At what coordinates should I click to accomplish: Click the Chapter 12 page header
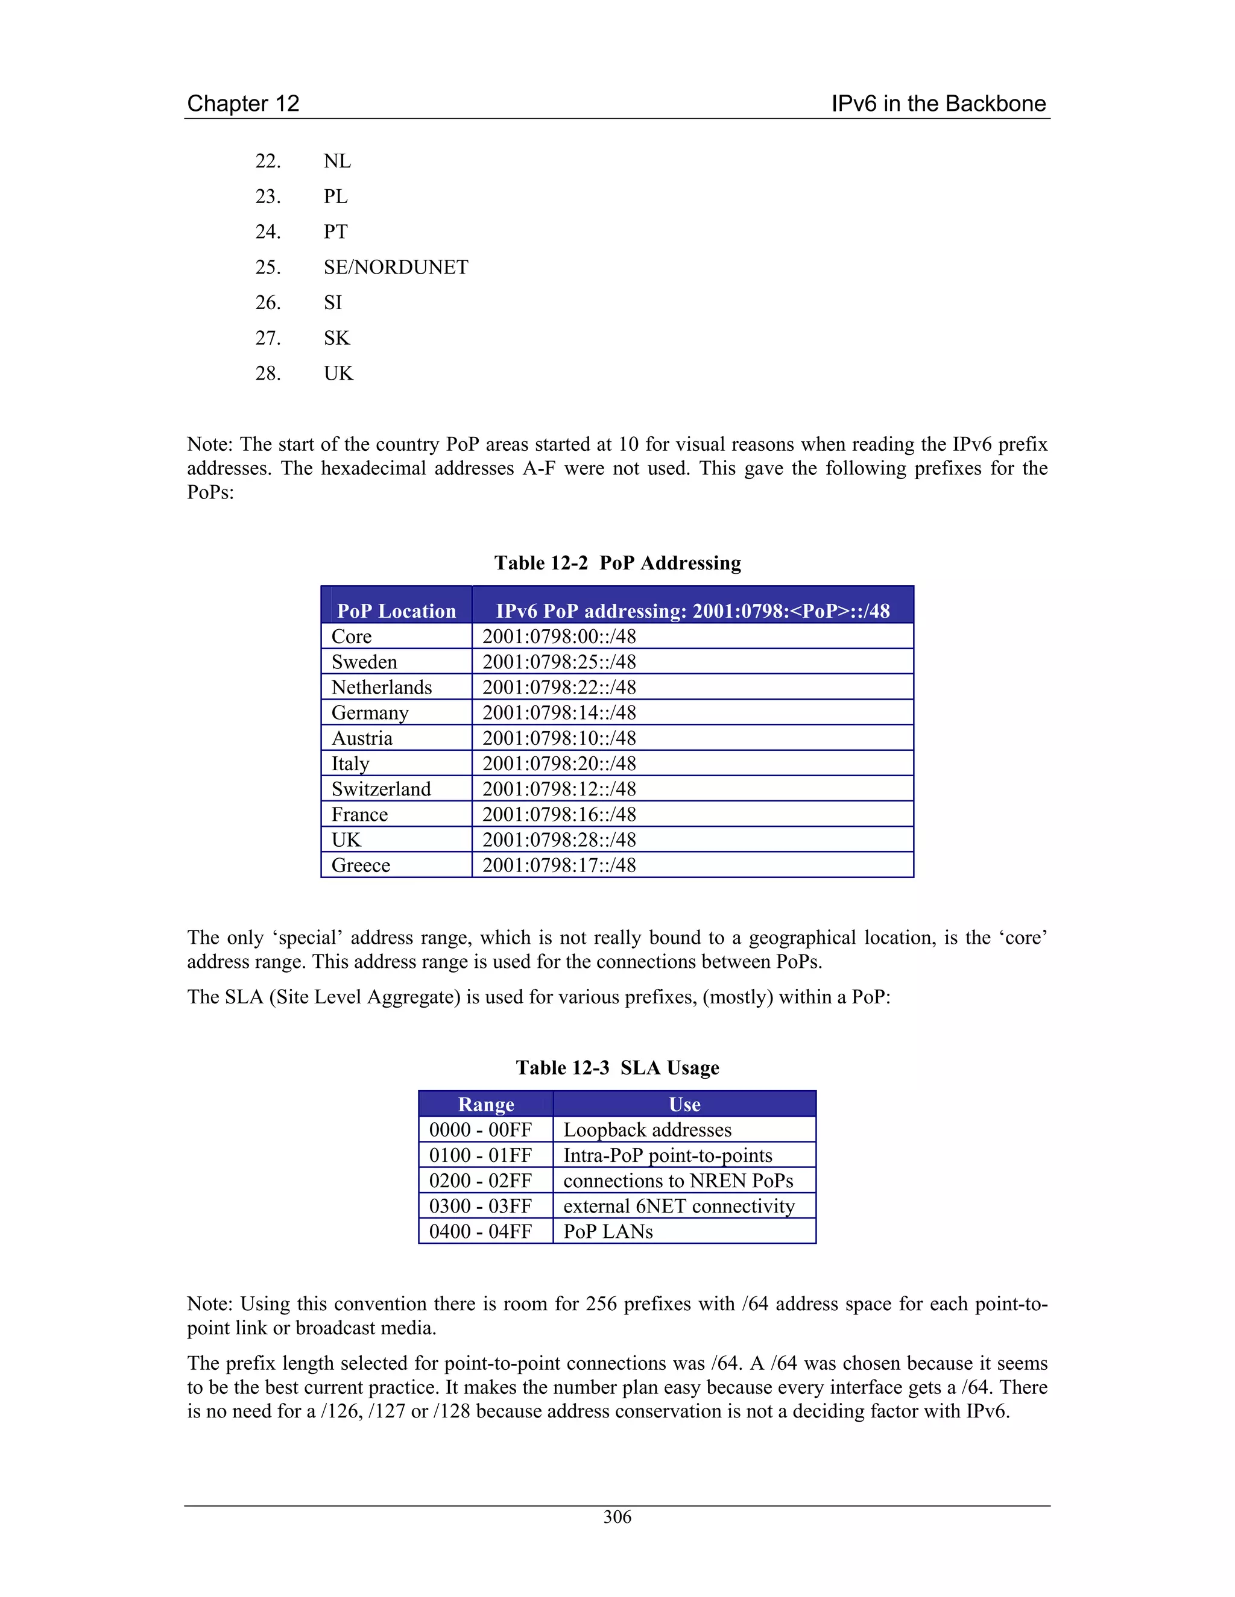pyautogui.click(x=243, y=103)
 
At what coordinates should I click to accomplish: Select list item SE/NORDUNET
pyautogui.click(x=396, y=267)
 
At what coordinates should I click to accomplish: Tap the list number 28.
pyautogui.click(x=268, y=373)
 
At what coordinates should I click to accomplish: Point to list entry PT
pyautogui.click(x=336, y=232)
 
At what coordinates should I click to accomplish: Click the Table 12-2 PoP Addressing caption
pyautogui.click(x=617, y=562)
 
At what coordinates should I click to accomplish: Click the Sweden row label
pyautogui.click(x=364, y=662)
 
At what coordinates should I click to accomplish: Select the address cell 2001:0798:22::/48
pyautogui.click(x=559, y=688)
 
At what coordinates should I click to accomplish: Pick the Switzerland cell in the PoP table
pyautogui.click(x=381, y=789)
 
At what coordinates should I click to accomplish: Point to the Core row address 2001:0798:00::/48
pyautogui.click(x=559, y=636)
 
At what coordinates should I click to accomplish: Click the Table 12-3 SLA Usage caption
pyautogui.click(x=617, y=1068)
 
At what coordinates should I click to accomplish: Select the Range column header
pyautogui.click(x=486, y=1104)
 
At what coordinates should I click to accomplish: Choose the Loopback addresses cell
pyautogui.click(x=648, y=1130)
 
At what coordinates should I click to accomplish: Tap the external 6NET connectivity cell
pyautogui.click(x=679, y=1206)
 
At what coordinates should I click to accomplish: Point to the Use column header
pyautogui.click(x=684, y=1104)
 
